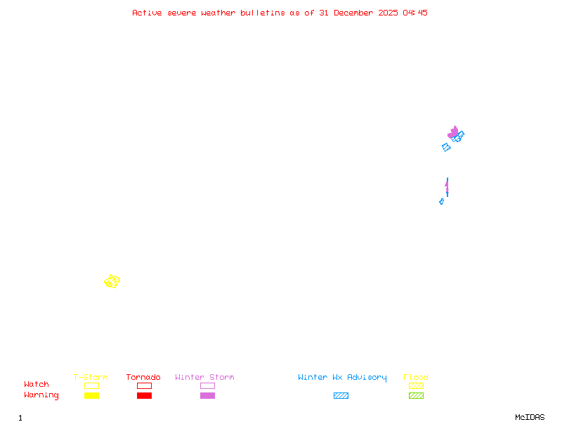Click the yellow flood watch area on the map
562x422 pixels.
pyautogui.click(x=112, y=281)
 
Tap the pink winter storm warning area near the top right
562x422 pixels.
pyautogui.click(x=453, y=132)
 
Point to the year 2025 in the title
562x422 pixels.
pyautogui.click(x=388, y=13)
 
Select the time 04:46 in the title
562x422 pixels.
pyautogui.click(x=415, y=13)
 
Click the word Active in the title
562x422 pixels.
pyautogui.click(x=147, y=13)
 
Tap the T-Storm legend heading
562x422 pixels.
pyautogui.click(x=91, y=378)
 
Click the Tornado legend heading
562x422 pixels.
pyautogui.click(x=143, y=378)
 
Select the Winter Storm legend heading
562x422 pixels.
pyautogui.click(x=204, y=378)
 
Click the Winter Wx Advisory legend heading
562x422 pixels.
pyautogui.click(x=342, y=378)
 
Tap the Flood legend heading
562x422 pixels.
pyautogui.click(x=416, y=378)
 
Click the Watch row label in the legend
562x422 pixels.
pyautogui.click(x=37, y=385)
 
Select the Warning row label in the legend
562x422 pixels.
pyautogui.click(x=41, y=395)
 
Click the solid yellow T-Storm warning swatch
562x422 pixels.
pyautogui.click(x=91, y=395)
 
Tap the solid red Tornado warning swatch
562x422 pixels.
pyautogui.click(x=144, y=395)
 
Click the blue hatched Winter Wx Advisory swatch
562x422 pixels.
pyautogui.click(x=341, y=395)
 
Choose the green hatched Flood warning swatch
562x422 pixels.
pyautogui.click(x=416, y=395)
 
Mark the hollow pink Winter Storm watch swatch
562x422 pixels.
pyautogui.click(x=207, y=385)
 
